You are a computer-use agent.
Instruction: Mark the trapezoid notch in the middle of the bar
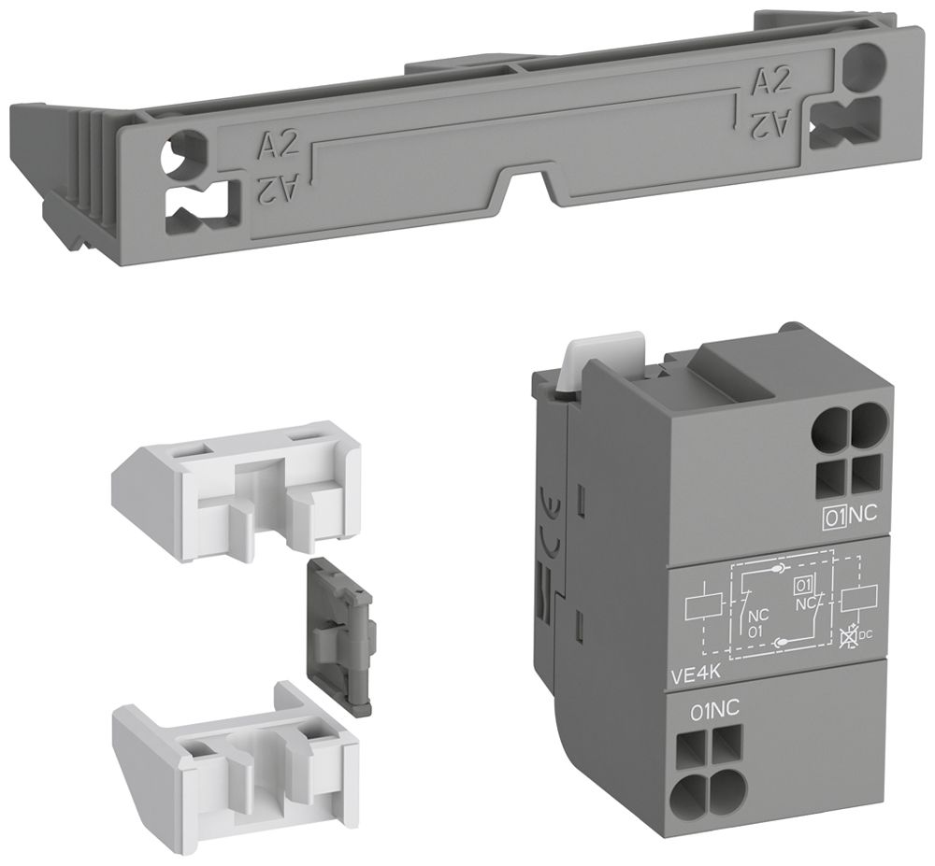(x=527, y=183)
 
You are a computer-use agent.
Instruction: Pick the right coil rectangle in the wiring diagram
(x=858, y=598)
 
